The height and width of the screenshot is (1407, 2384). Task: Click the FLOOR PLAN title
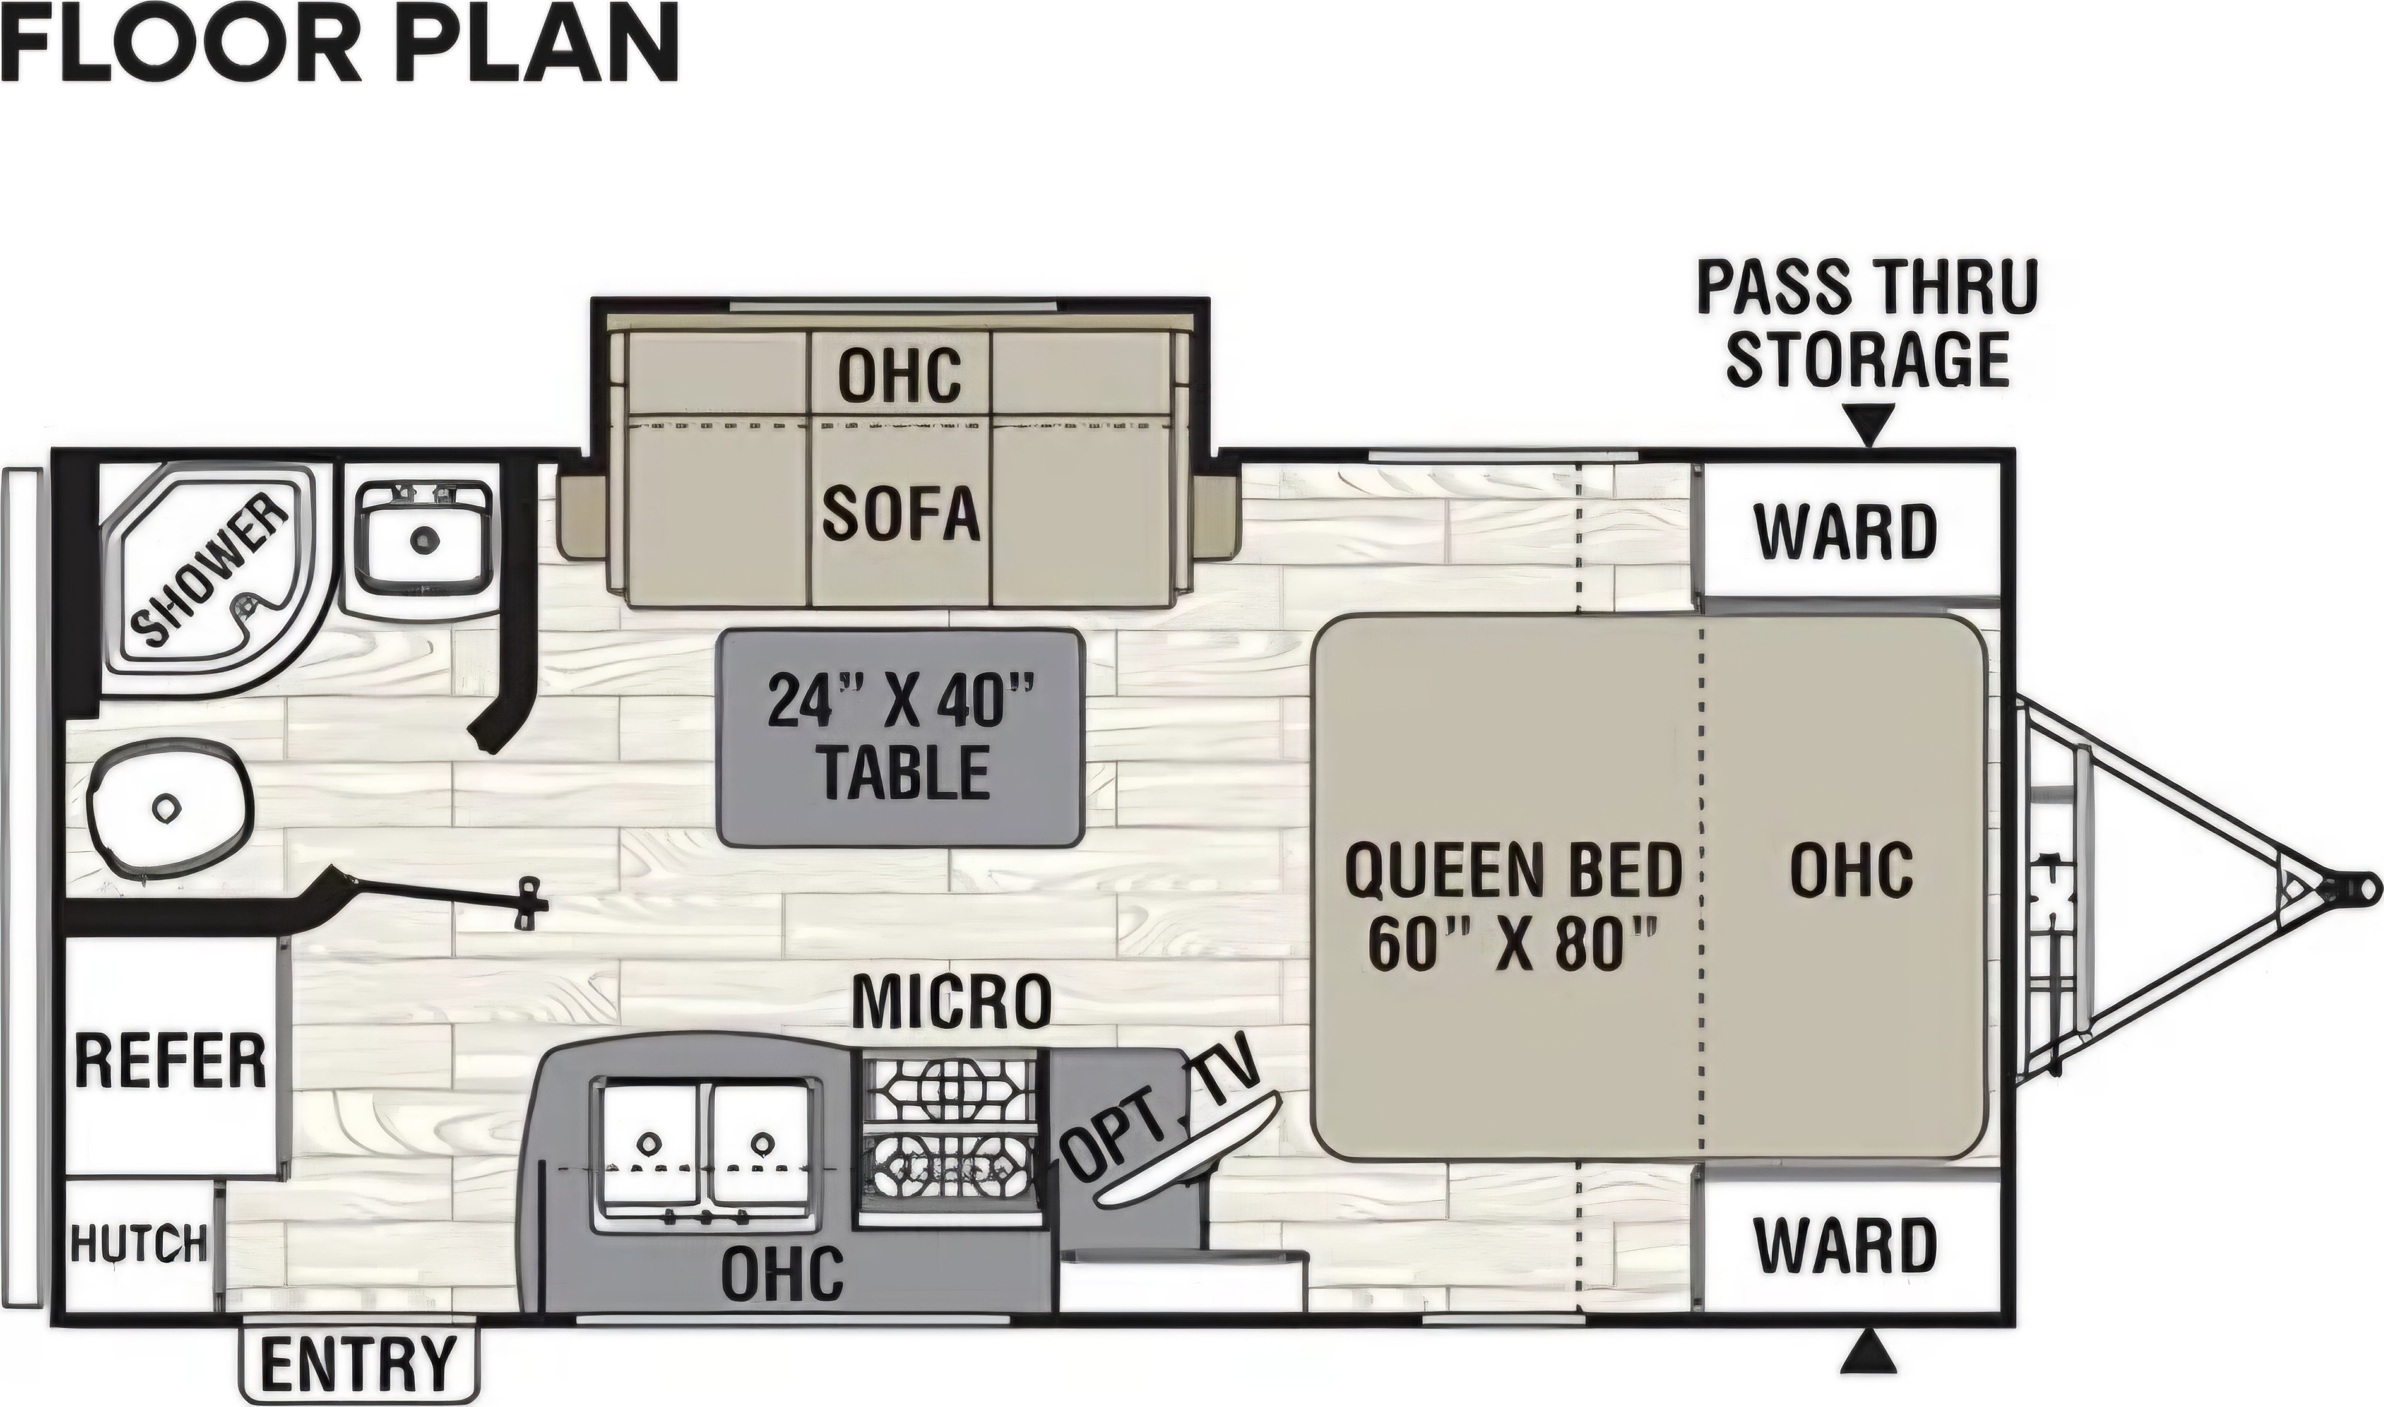click(339, 43)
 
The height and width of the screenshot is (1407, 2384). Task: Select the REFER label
click(171, 1061)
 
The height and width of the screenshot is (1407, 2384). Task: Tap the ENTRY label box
click(358, 1363)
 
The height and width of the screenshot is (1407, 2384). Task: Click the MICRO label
click(952, 1001)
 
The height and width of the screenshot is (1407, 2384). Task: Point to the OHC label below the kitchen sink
click(782, 1272)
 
